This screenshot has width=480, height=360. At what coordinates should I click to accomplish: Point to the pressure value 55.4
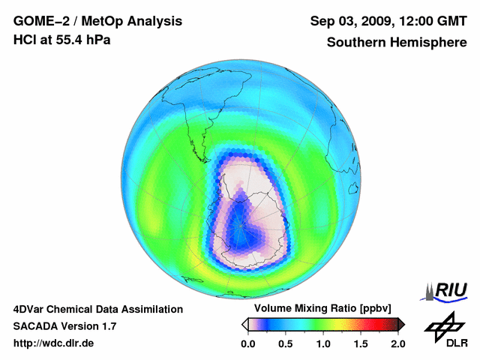pyautogui.click(x=74, y=40)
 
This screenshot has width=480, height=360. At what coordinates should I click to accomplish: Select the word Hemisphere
pyautogui.click(x=428, y=42)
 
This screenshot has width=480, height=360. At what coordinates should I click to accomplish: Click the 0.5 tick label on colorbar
pyautogui.click(x=285, y=343)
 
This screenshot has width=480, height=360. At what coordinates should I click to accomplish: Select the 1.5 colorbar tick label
pyautogui.click(x=360, y=343)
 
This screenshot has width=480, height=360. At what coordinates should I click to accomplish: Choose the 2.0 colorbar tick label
pyautogui.click(x=397, y=343)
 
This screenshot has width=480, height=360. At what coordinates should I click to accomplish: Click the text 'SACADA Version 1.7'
pyautogui.click(x=64, y=326)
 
